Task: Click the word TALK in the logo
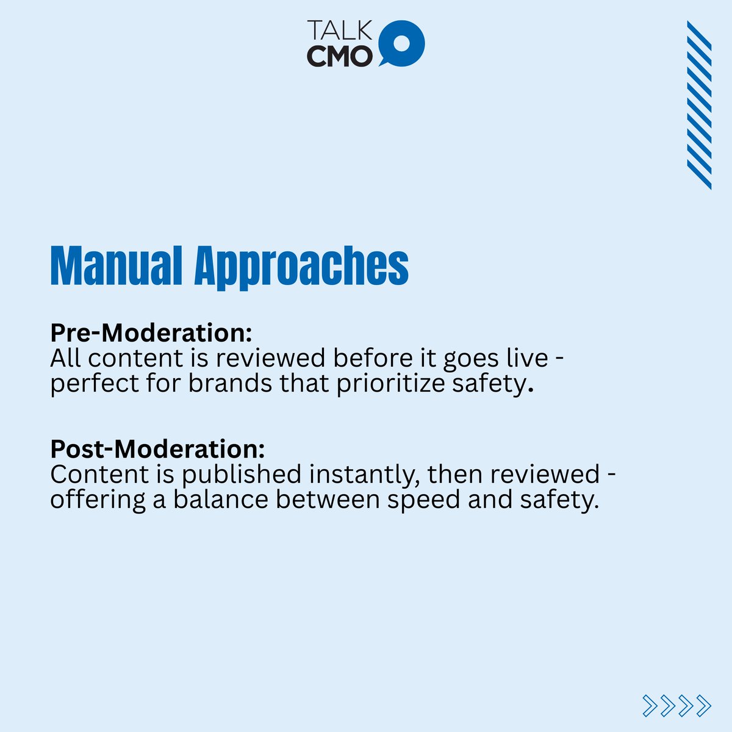click(339, 31)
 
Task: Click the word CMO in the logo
click(339, 56)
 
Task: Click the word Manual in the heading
click(116, 266)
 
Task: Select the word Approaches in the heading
click(301, 267)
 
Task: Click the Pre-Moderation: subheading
click(151, 333)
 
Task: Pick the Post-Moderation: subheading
click(157, 450)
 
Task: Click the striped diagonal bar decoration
click(699, 105)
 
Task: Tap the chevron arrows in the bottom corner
click(677, 705)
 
